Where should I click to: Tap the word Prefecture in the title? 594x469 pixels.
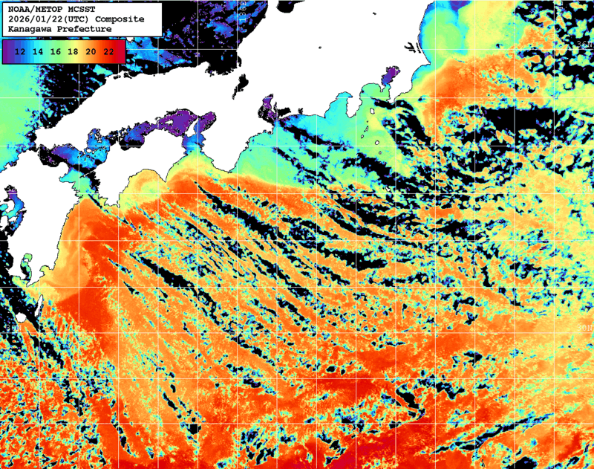pyautogui.click(x=85, y=29)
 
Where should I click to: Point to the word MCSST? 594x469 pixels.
pyautogui.click(x=82, y=8)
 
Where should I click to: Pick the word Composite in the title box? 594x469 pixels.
pyautogui.click(x=120, y=19)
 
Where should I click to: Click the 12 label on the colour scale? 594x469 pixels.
pyautogui.click(x=21, y=51)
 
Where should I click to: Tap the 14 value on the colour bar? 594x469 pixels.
pyautogui.click(x=38, y=51)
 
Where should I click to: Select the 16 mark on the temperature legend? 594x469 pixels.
pyautogui.click(x=56, y=51)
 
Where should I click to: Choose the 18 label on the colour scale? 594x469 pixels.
pyautogui.click(x=73, y=51)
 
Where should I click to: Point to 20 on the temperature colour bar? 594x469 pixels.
pyautogui.click(x=91, y=51)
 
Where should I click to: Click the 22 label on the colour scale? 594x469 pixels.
pyautogui.click(x=108, y=51)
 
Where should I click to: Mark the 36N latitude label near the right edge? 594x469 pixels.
pyautogui.click(x=584, y=45)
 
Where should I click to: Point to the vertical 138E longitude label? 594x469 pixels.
pyautogui.click(x=241, y=9)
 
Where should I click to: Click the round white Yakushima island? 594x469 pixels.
pyautogui.click(x=22, y=317)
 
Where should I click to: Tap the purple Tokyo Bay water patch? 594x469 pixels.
pyautogui.click(x=389, y=77)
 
